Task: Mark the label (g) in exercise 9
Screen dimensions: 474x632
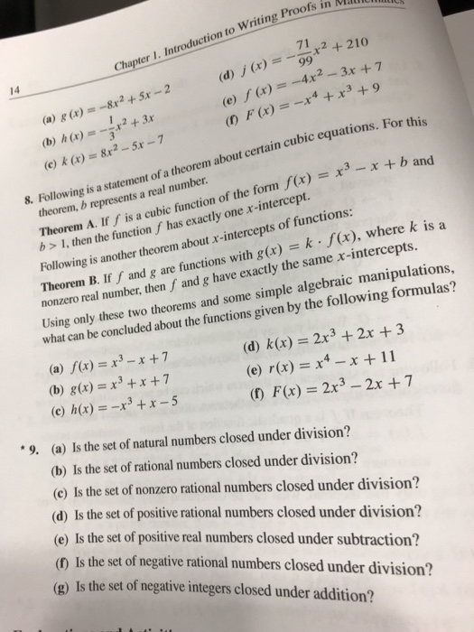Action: tap(58, 596)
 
